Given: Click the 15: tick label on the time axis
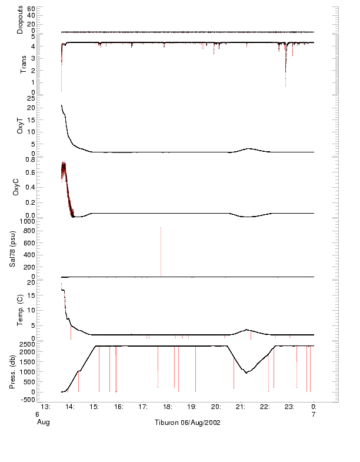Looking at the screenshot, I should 95,406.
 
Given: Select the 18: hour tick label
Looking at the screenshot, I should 168,406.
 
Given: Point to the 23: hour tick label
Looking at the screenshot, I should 289,406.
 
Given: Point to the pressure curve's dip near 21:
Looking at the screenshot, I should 246,373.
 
